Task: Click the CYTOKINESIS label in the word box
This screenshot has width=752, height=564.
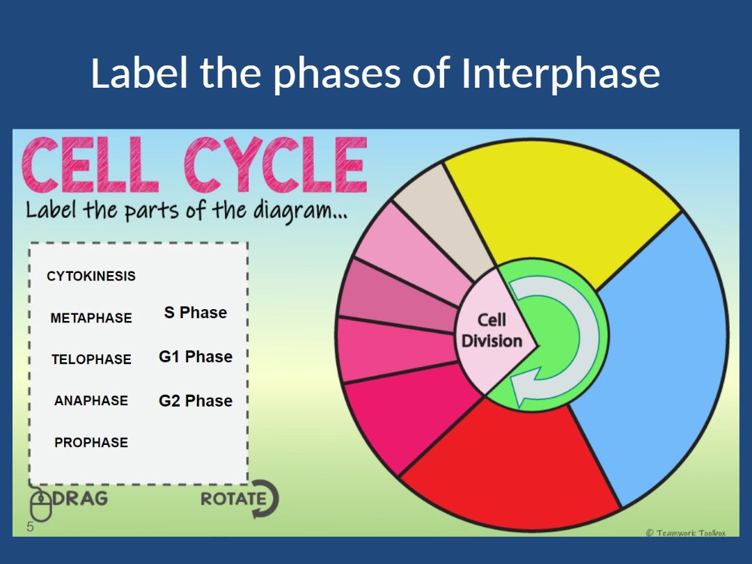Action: tap(91, 276)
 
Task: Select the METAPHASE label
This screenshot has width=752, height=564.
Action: tap(91, 318)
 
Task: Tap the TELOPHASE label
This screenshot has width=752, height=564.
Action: tap(91, 359)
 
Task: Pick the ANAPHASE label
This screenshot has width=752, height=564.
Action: tap(91, 400)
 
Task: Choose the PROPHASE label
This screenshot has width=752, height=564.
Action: tap(91, 442)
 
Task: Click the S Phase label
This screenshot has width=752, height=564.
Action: tap(196, 313)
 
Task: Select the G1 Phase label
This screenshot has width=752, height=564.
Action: tap(196, 357)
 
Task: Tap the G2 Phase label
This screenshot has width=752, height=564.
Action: tap(196, 400)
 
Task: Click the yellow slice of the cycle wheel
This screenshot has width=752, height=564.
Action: tap(557, 209)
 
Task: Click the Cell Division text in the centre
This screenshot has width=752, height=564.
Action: tap(492, 331)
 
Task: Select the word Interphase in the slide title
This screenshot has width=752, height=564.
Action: tap(561, 73)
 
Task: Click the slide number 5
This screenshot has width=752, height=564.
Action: tap(30, 526)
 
